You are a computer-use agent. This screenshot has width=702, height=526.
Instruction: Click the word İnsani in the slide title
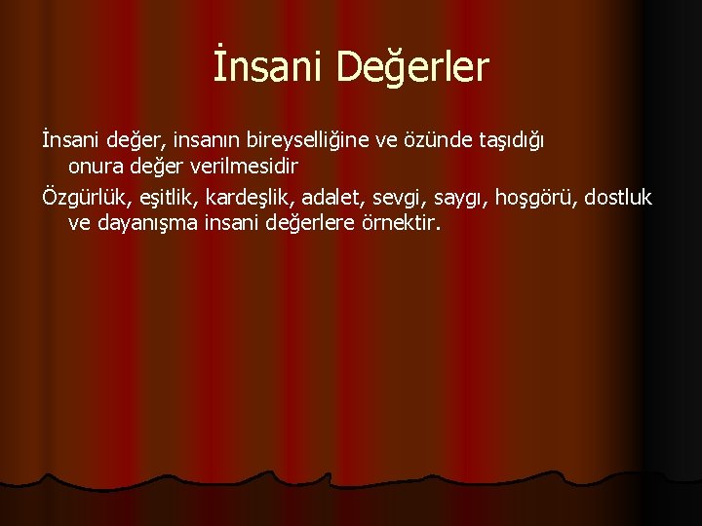pyautogui.click(x=267, y=67)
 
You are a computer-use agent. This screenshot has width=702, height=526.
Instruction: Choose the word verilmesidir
pyautogui.click(x=243, y=167)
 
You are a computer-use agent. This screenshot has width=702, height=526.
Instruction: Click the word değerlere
pyautogui.click(x=313, y=224)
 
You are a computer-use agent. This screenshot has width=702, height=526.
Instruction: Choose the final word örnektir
pyautogui.click(x=402, y=224)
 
